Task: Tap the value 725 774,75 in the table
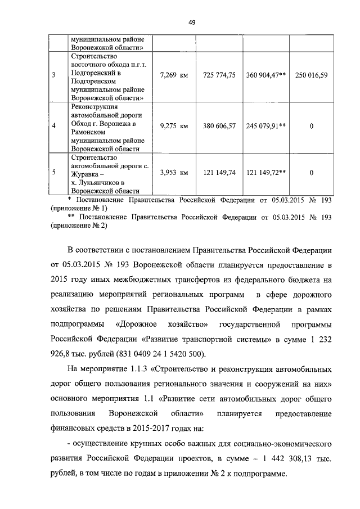point(219,74)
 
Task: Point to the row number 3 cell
point(53,74)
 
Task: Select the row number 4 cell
point(53,126)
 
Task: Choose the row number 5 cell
point(53,173)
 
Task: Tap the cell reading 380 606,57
point(219,126)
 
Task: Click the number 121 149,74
point(219,173)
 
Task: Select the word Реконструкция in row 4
point(94,107)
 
